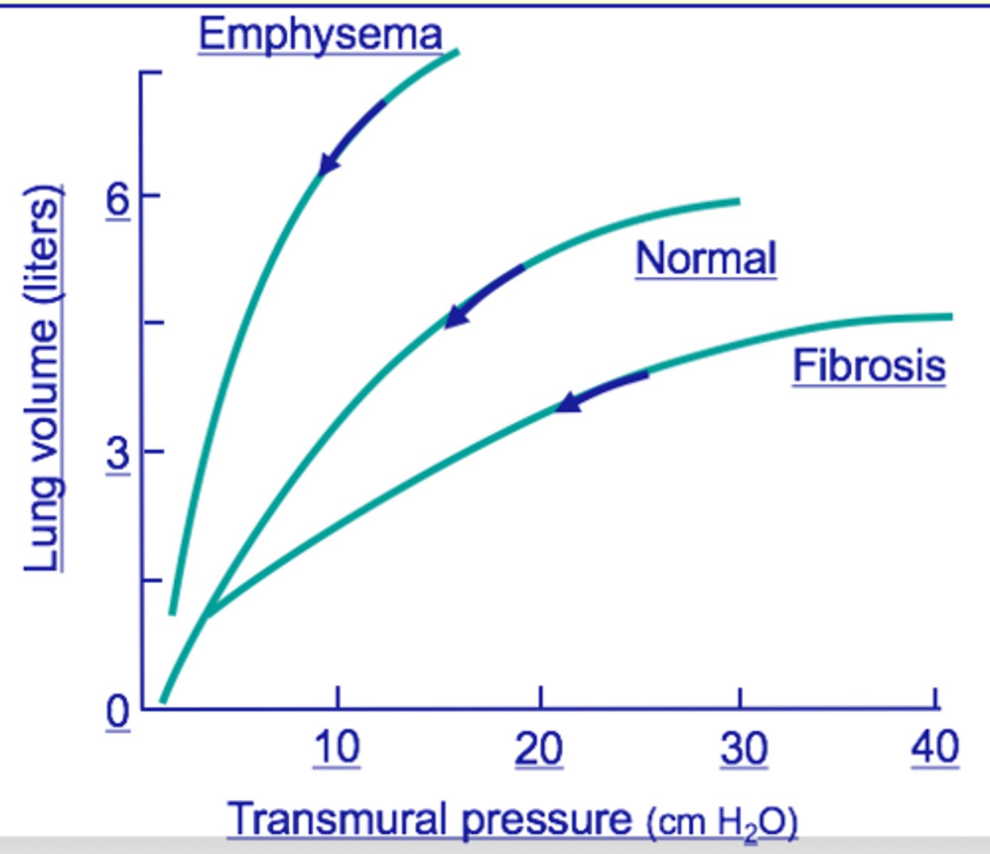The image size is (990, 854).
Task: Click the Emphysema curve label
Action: click(320, 34)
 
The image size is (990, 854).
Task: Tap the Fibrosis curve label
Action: click(869, 366)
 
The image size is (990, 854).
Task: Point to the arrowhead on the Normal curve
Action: click(456, 317)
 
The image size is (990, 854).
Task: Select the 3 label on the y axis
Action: click(118, 453)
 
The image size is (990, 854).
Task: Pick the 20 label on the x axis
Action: click(539, 749)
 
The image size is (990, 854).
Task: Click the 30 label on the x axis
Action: click(743, 749)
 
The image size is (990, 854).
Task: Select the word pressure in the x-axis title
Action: click(546, 820)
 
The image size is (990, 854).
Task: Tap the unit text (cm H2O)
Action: click(722, 823)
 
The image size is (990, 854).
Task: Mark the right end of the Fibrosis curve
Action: click(949, 317)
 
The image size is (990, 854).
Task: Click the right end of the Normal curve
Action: click(737, 201)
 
